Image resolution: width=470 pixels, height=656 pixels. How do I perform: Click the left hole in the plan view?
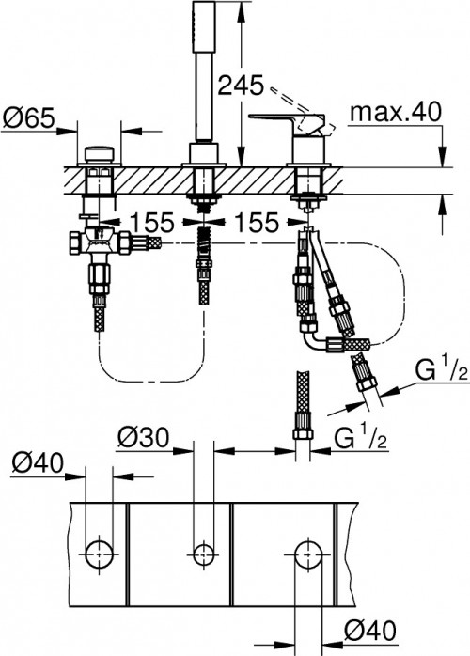[97, 551]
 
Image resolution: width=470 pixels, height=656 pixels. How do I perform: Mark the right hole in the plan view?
[303, 551]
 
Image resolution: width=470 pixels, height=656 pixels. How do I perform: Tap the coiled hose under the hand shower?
[202, 268]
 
